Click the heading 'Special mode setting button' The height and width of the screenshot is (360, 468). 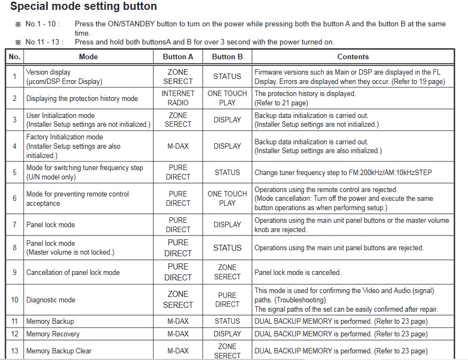click(83, 7)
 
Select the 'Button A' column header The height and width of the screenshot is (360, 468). click(178, 57)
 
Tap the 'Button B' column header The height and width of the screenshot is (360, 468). click(227, 57)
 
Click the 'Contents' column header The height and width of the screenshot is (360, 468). click(353, 57)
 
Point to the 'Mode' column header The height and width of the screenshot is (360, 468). click(88, 57)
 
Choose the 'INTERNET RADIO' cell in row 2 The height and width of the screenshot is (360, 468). click(178, 98)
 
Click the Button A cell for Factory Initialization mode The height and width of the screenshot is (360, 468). click(178, 146)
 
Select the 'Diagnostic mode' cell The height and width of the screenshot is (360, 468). click(51, 300)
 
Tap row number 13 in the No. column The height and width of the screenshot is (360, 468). click(15, 351)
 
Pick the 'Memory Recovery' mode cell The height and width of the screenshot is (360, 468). click(53, 334)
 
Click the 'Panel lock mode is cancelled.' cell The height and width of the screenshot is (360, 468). click(298, 272)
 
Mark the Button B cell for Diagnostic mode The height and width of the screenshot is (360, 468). click(227, 300)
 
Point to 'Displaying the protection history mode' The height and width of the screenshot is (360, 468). click(82, 98)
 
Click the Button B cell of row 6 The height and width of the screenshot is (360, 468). click(227, 198)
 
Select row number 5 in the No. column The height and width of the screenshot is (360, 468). click(15, 172)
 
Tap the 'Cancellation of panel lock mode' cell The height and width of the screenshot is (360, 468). click(73, 272)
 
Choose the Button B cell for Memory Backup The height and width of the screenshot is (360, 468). click(227, 321)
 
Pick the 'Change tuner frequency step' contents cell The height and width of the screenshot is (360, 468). click(343, 172)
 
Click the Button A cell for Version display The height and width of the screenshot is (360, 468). click(178, 76)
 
